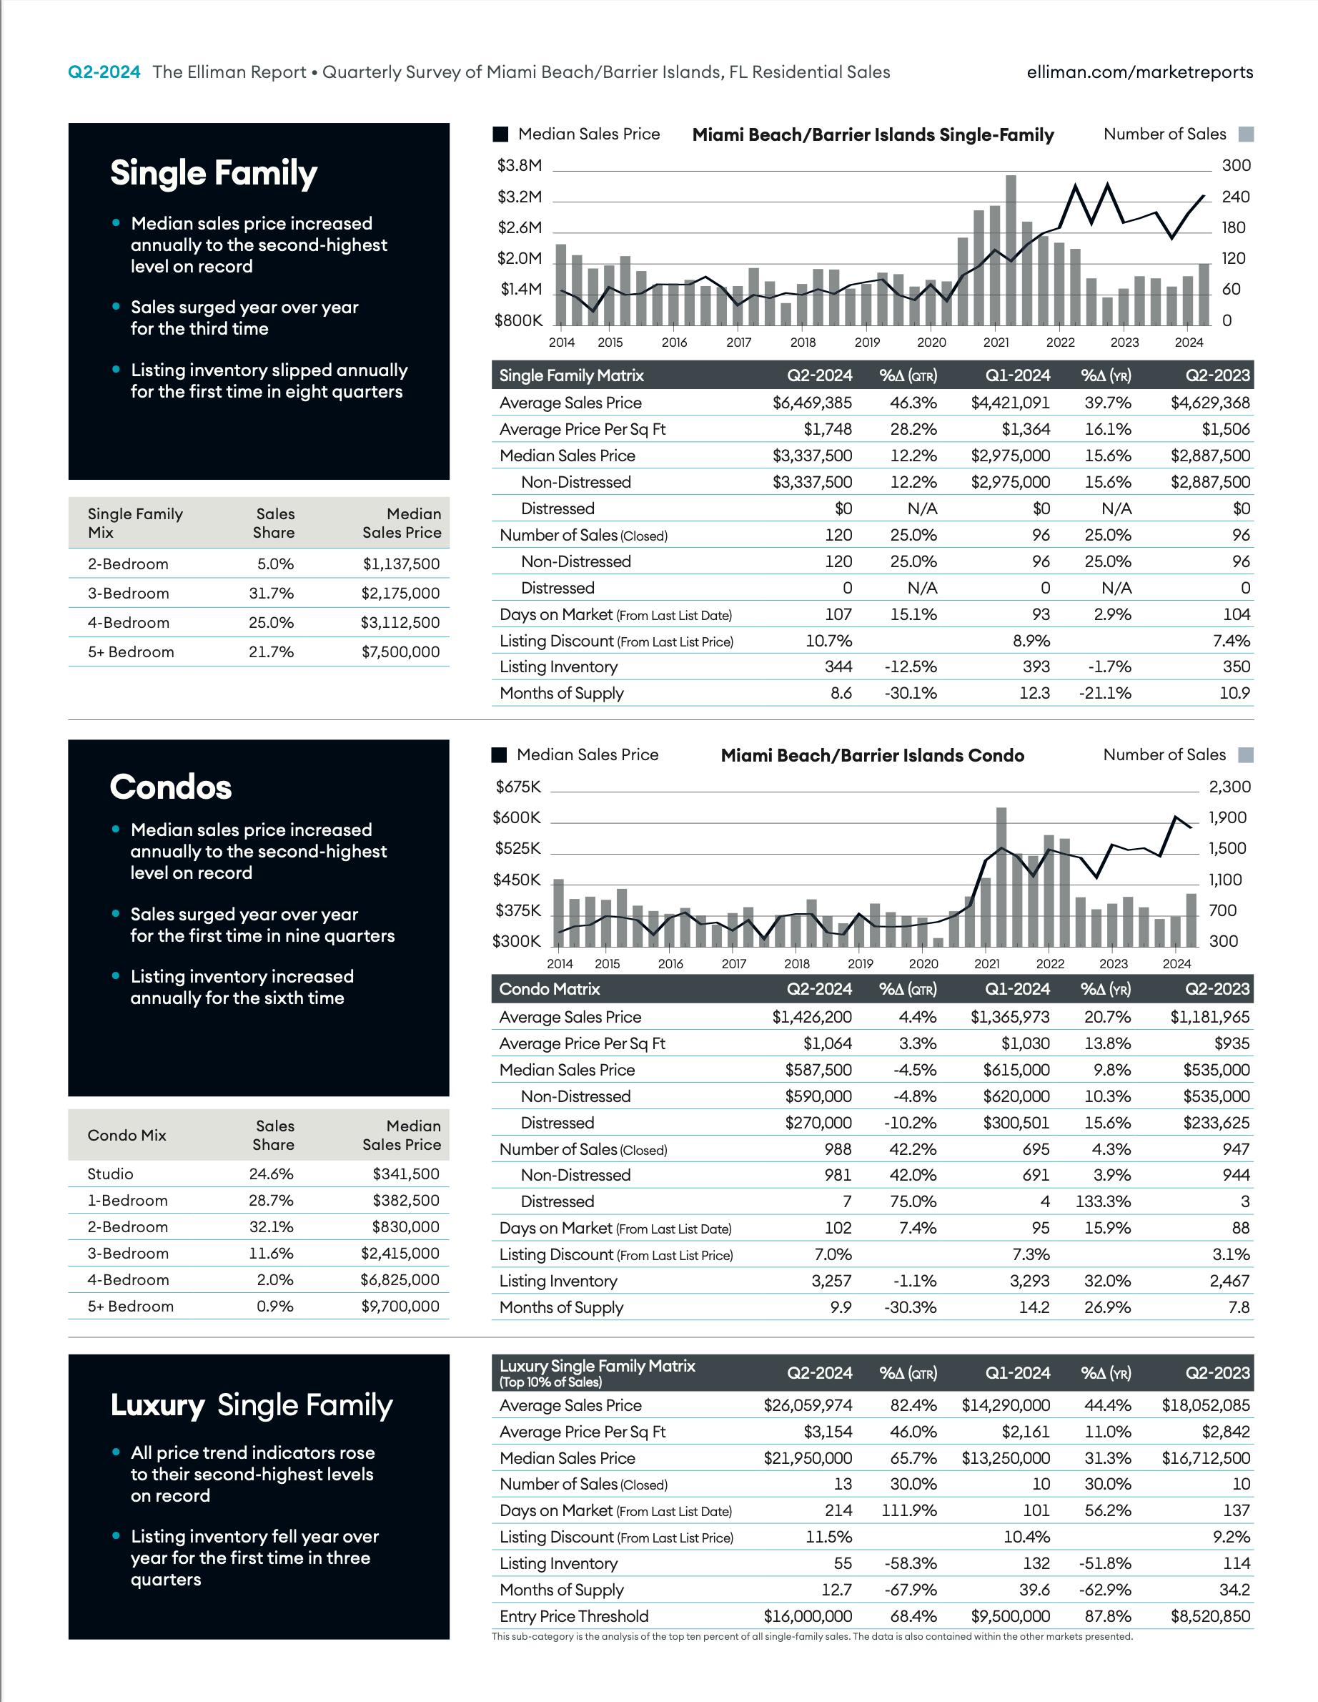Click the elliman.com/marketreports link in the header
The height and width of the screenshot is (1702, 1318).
click(1139, 72)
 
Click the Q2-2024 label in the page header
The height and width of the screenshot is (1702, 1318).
click(104, 72)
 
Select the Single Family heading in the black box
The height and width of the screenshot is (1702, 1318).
click(214, 173)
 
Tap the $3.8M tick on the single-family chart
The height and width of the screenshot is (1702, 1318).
click(520, 165)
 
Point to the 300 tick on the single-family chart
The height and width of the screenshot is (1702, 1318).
click(1235, 165)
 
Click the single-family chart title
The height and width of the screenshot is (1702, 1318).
click(873, 135)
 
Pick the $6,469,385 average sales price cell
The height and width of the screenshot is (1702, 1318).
click(812, 403)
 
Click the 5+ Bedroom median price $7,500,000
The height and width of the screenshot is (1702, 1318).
click(400, 652)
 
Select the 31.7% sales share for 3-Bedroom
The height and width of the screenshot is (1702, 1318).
click(271, 594)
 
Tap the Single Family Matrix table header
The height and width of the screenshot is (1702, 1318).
click(572, 375)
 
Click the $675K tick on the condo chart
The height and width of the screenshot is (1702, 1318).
click(518, 787)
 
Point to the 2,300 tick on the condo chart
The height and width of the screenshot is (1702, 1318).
click(1229, 787)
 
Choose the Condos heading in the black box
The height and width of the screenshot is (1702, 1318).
click(171, 787)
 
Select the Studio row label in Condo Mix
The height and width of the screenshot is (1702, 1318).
click(111, 1174)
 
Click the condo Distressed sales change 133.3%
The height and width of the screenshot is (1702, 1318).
click(1103, 1201)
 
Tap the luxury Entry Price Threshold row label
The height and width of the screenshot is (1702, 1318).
click(574, 1616)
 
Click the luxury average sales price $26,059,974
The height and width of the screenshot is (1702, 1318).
click(808, 1406)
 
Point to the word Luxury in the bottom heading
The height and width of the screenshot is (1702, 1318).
click(157, 1406)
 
